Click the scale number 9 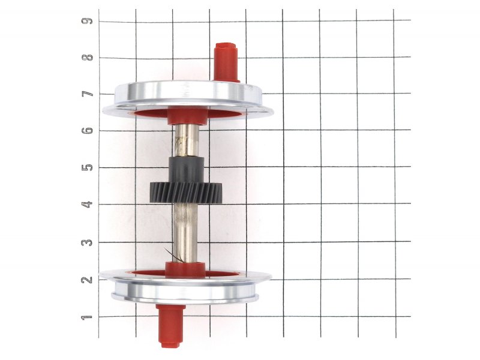click(86, 21)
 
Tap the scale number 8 click(87, 58)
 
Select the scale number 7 click(87, 94)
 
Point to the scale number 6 click(87, 130)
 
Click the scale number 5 click(87, 167)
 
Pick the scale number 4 click(87, 204)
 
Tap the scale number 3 click(87, 242)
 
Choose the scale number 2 click(87, 280)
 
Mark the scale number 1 click(87, 317)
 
